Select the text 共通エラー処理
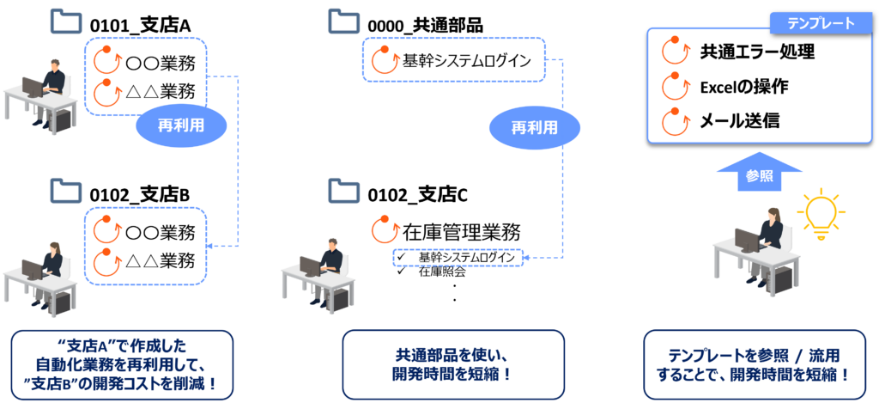[757, 52]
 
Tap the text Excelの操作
[744, 87]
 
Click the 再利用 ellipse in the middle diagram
[534, 128]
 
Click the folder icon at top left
[65, 20]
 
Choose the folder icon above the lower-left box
[65, 188]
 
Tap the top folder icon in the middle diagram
[343, 20]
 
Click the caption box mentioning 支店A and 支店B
[123, 365]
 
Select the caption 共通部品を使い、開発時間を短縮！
[453, 365]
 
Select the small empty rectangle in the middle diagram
[458, 257]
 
